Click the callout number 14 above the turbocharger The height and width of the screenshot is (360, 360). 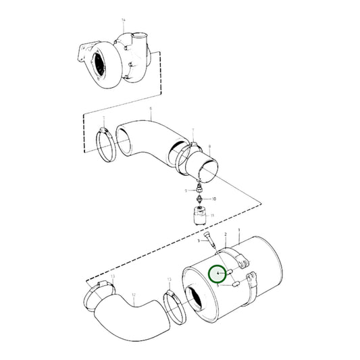click(124, 20)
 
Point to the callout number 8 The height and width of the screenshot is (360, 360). click(210, 146)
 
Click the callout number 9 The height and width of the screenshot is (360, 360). click(185, 190)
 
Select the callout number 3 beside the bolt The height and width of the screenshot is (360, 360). click(199, 240)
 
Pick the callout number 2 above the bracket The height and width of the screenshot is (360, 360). click(225, 233)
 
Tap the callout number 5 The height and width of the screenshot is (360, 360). click(218, 286)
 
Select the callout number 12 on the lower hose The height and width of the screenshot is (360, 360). click(133, 295)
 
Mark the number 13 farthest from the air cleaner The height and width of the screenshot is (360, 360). click(113, 277)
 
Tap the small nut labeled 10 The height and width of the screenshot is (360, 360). click(201, 199)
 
